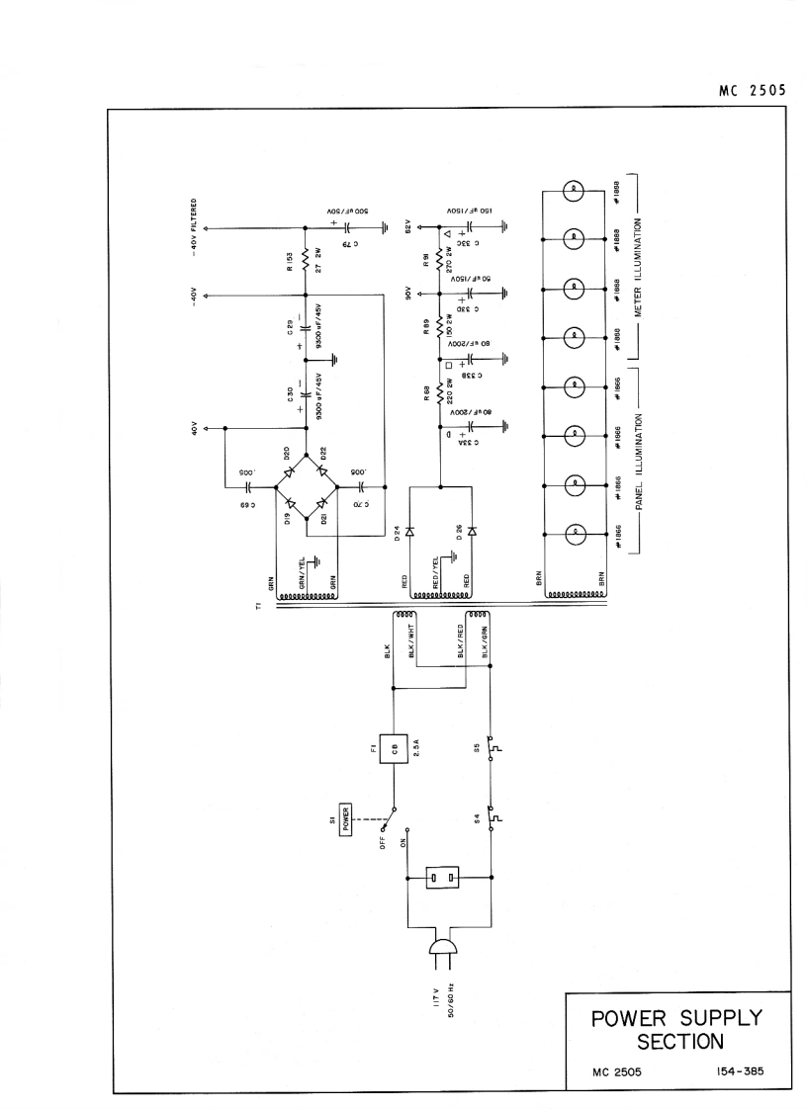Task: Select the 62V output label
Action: click(405, 226)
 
